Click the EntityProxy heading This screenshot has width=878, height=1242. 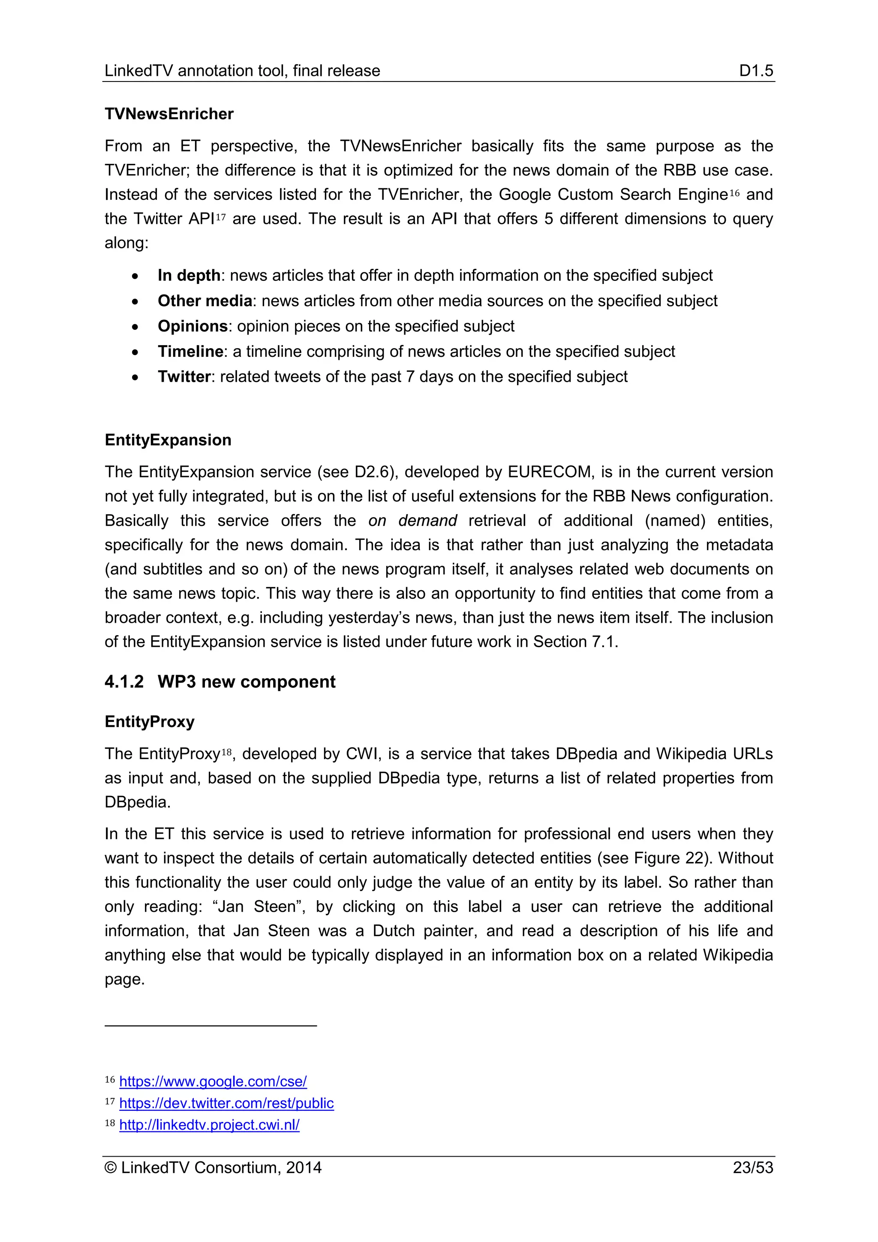(x=149, y=722)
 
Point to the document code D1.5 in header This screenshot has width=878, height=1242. (x=756, y=70)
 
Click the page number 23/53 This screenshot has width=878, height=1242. (x=752, y=1167)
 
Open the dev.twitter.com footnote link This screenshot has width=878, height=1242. (x=226, y=1103)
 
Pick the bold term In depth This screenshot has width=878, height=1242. (x=189, y=275)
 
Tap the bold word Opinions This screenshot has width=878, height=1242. (x=192, y=326)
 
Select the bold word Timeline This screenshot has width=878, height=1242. (x=190, y=352)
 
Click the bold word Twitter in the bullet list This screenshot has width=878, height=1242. (x=184, y=377)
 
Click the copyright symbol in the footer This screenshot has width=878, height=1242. (x=111, y=1167)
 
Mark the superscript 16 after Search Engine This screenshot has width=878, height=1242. (x=734, y=193)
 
